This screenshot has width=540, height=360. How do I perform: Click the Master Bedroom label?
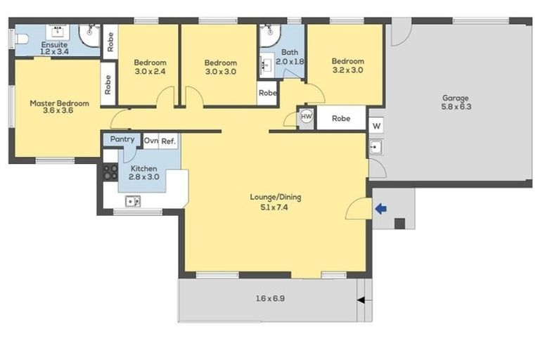[x=59, y=103]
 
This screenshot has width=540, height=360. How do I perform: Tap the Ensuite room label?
[x=53, y=44]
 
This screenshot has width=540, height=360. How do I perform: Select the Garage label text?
[x=455, y=98]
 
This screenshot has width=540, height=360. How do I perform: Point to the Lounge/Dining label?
[x=274, y=197]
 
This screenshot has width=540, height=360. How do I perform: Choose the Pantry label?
[x=122, y=139]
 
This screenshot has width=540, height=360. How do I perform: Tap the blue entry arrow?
[x=381, y=208]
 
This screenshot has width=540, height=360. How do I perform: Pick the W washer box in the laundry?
[x=376, y=127]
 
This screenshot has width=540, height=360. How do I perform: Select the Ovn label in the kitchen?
[x=151, y=141]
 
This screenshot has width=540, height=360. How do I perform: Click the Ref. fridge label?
[x=168, y=141]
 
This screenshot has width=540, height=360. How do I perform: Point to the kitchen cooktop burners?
[x=110, y=172]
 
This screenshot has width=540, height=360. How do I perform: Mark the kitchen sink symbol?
[x=132, y=202]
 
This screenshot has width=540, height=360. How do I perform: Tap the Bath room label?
[x=289, y=52]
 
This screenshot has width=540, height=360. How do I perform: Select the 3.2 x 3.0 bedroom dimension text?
[x=348, y=70]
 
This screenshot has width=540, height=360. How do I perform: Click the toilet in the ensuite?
[x=20, y=40]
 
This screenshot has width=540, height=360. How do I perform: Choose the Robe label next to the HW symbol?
[x=341, y=119]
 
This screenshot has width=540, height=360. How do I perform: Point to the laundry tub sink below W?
[x=376, y=147]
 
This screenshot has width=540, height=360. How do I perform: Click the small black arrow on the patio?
[x=361, y=300]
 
